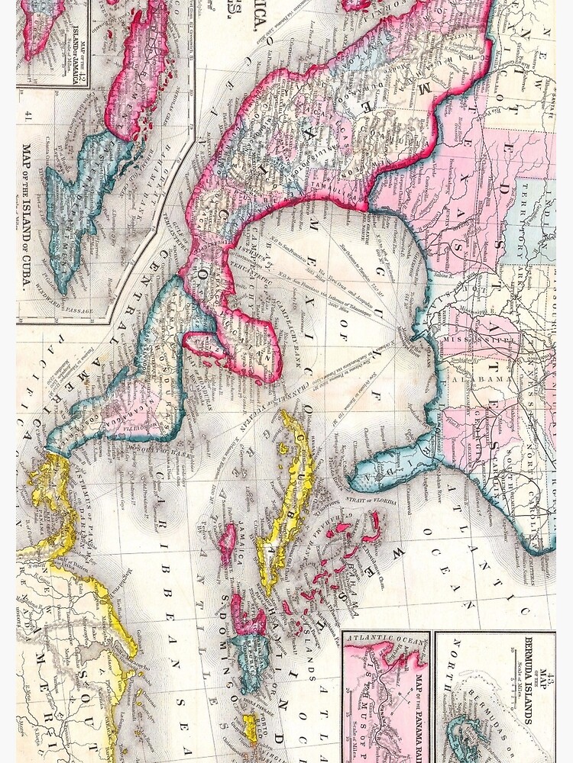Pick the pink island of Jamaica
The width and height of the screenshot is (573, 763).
227,543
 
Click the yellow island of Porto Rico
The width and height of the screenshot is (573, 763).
250,729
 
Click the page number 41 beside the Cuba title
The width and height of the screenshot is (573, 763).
28,116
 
